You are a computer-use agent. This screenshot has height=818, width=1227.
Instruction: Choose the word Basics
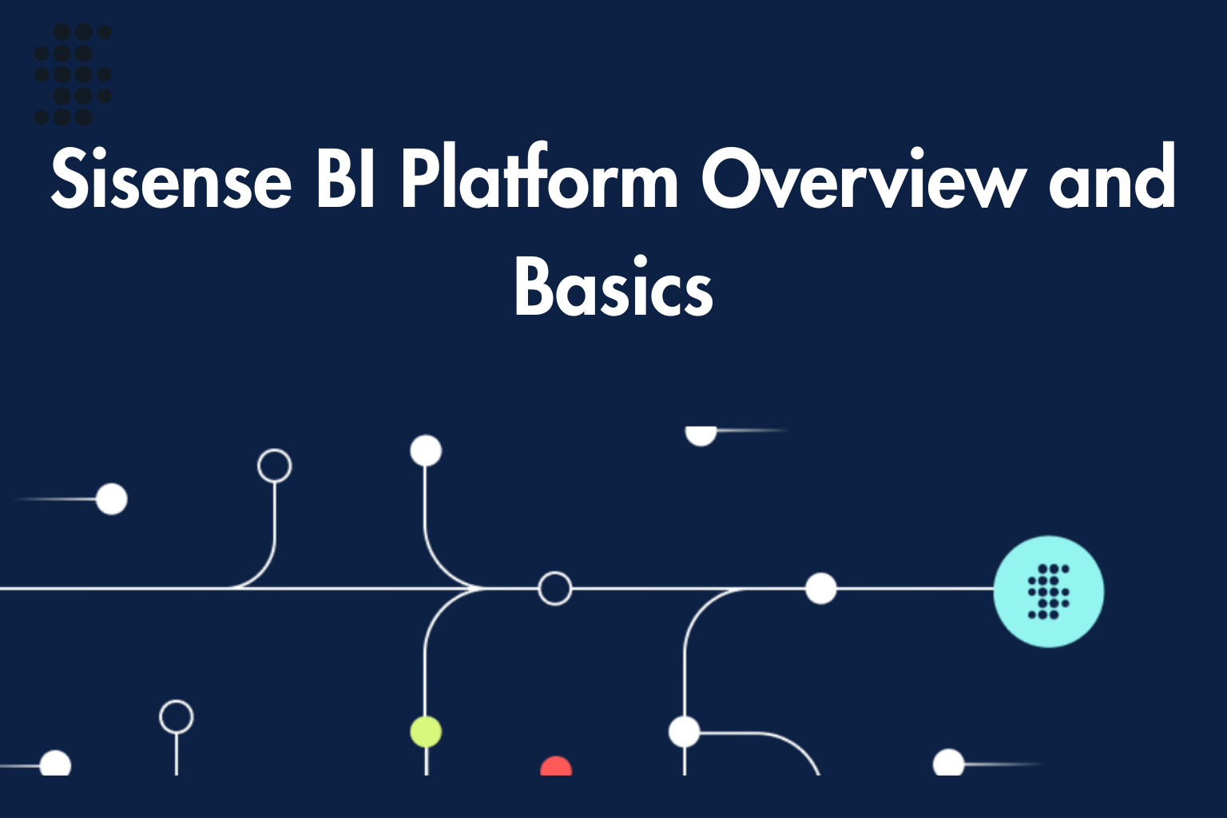pos(613,288)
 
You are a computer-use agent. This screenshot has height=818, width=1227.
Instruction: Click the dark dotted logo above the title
pos(73,74)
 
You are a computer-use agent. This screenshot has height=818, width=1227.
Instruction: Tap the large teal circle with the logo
pos(1048,591)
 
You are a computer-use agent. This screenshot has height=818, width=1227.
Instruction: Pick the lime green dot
pos(426,732)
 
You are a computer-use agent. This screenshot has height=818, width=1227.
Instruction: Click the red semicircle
pos(556,768)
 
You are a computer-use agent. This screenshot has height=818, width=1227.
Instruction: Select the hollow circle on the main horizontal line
pos(554,589)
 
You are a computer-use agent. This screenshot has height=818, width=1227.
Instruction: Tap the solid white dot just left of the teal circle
pos(820,589)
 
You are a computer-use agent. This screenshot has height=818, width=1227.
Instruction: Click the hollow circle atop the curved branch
pos(274,466)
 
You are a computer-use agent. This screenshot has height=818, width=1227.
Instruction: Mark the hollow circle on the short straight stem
pos(176,717)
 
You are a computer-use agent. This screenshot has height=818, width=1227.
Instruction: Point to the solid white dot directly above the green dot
pos(426,451)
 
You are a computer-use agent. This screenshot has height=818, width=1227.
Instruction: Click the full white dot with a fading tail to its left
pos(112,499)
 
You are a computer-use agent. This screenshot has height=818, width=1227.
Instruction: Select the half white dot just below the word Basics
pos(701,435)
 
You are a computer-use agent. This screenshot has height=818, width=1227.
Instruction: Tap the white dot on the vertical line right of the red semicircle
pos(684,732)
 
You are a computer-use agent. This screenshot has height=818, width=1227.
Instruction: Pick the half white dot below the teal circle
pos(948,764)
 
